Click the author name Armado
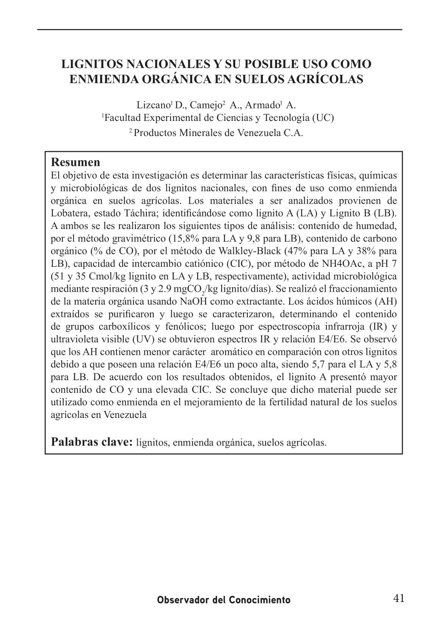pyautogui.click(x=261, y=105)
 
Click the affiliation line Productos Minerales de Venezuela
pyautogui.click(x=219, y=133)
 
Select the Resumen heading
pyautogui.click(x=76, y=162)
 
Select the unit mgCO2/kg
pyautogui.click(x=189, y=289)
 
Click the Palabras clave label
pyautogui.click(x=92, y=441)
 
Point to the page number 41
pyautogui.click(x=399, y=599)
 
